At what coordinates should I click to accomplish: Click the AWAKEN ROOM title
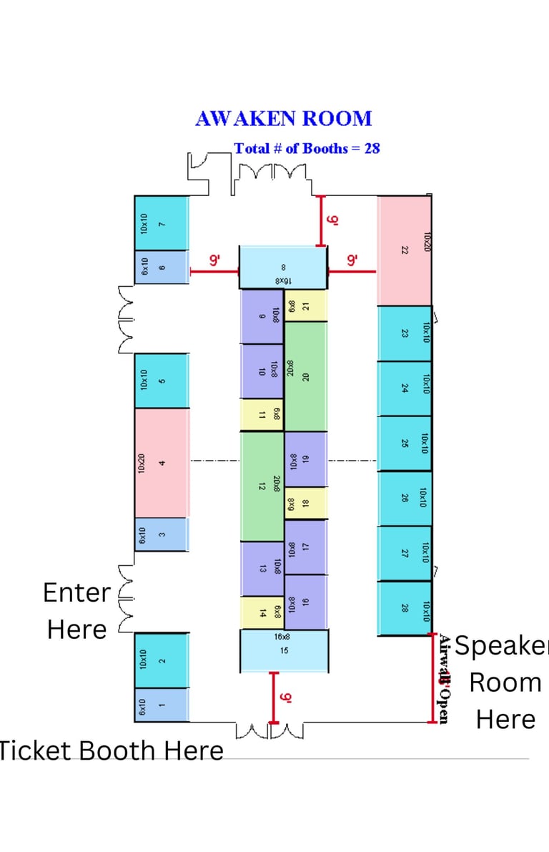click(x=283, y=119)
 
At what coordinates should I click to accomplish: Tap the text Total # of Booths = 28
click(x=307, y=149)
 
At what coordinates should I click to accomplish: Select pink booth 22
click(x=405, y=250)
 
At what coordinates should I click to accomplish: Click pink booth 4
click(x=162, y=463)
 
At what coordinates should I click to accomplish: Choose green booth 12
click(x=262, y=486)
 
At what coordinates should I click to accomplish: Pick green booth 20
click(x=306, y=376)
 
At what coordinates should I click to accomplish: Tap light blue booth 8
click(x=283, y=268)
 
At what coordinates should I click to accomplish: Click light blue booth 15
click(x=284, y=650)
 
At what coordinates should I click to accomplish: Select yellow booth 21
click(x=306, y=306)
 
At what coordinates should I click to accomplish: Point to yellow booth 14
click(x=262, y=612)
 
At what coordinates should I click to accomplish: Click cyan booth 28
click(x=405, y=608)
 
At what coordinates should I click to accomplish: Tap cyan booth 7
click(x=162, y=223)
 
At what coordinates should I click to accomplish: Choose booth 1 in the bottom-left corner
click(x=162, y=705)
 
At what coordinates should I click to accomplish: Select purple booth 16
click(x=306, y=602)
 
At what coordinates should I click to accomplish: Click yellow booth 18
click(x=306, y=503)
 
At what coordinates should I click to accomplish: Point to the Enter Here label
click(x=76, y=611)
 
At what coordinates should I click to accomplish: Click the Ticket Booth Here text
click(x=111, y=750)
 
